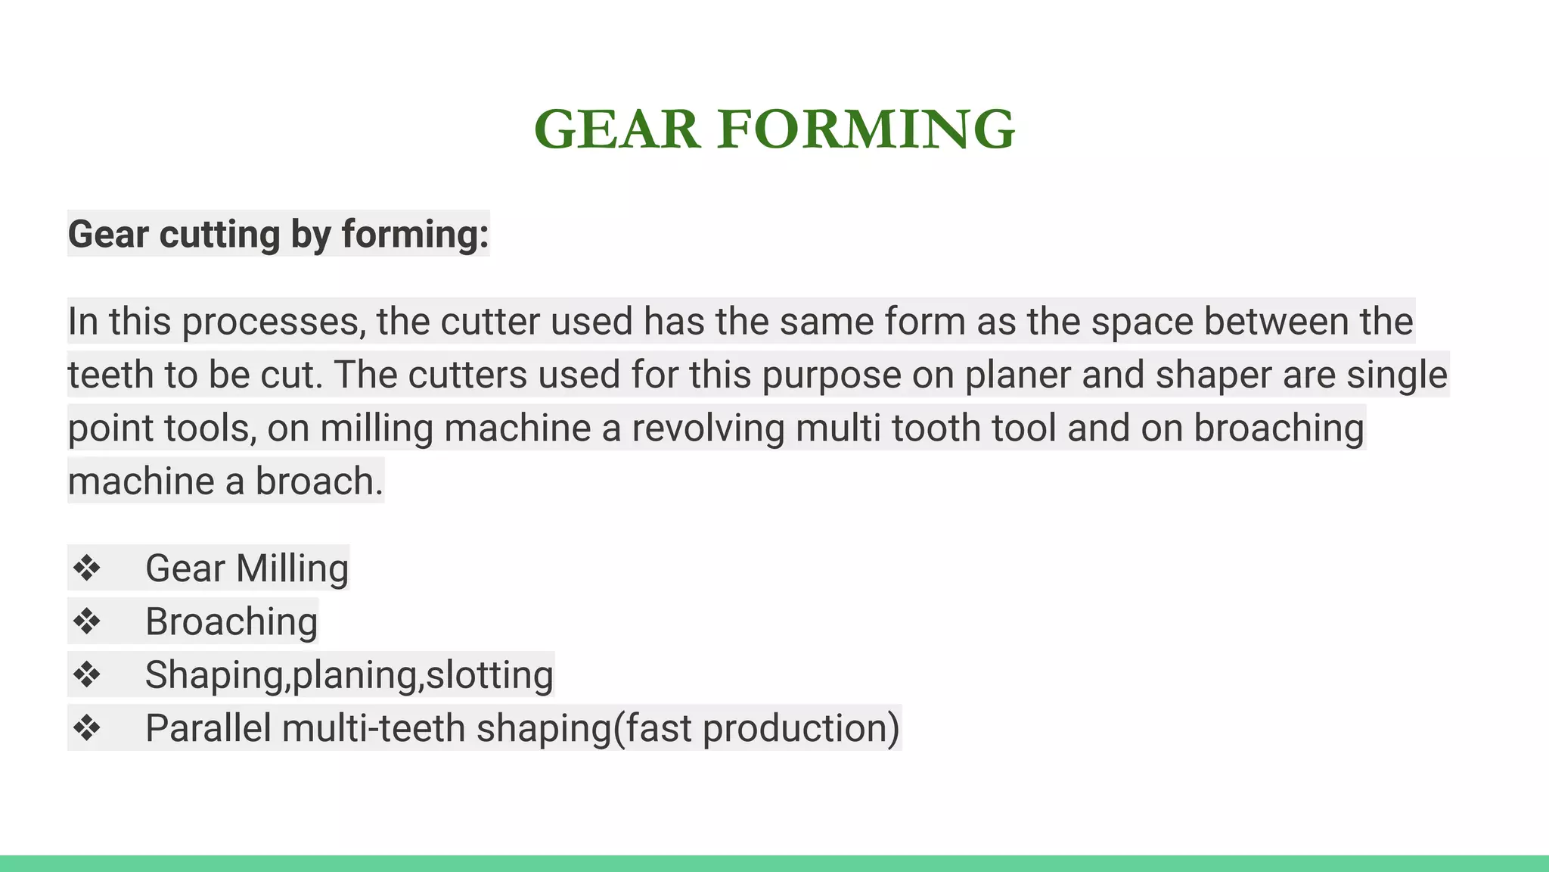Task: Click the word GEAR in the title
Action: tap(616, 129)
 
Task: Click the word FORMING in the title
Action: tap(866, 129)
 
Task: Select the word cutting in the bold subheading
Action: tap(219, 234)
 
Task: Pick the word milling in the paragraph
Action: tap(376, 428)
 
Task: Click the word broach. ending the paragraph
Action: tap(319, 481)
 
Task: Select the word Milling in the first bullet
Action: tap(292, 568)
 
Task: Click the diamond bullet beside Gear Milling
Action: tap(87, 568)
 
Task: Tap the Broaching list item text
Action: tap(231, 621)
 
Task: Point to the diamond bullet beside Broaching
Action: tap(87, 621)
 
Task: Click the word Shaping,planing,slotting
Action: tap(349, 675)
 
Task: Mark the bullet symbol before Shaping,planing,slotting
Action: tap(87, 674)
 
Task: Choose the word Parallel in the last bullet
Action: tap(208, 728)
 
